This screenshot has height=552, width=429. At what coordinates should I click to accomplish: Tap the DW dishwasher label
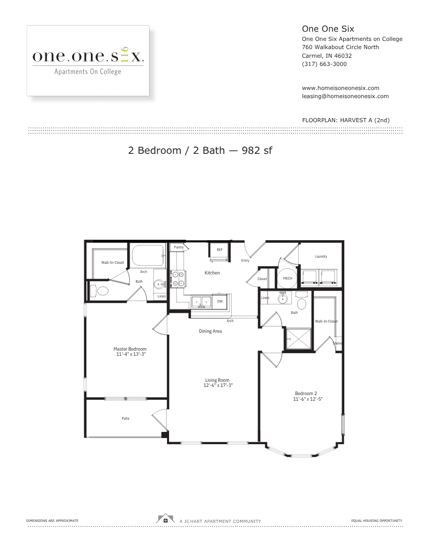click(x=220, y=302)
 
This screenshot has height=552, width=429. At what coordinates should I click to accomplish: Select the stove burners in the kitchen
click(x=178, y=279)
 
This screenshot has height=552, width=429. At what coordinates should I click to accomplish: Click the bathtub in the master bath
click(x=147, y=256)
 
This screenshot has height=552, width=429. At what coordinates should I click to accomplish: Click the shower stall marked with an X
click(x=299, y=339)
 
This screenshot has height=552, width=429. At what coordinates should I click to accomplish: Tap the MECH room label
click(x=288, y=279)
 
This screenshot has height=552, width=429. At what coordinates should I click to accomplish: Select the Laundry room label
click(x=321, y=256)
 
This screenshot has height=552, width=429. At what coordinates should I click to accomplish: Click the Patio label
click(x=126, y=418)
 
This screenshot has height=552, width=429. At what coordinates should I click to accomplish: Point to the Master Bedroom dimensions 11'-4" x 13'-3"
click(x=131, y=354)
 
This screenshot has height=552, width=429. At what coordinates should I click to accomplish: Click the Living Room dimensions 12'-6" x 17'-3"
click(x=218, y=385)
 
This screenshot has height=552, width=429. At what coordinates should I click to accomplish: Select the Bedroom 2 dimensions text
click(x=307, y=399)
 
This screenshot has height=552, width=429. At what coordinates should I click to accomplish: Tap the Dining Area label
click(x=210, y=331)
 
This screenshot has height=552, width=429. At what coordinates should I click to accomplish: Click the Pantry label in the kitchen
click(x=179, y=247)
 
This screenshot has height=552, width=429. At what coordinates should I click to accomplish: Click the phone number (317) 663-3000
click(x=324, y=64)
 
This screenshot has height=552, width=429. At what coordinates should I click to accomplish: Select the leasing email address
click(x=345, y=96)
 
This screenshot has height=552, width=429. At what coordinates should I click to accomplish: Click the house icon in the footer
click(x=165, y=519)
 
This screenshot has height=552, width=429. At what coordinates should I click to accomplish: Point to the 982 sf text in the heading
click(x=257, y=150)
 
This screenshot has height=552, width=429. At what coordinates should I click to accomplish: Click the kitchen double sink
click(x=201, y=302)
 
